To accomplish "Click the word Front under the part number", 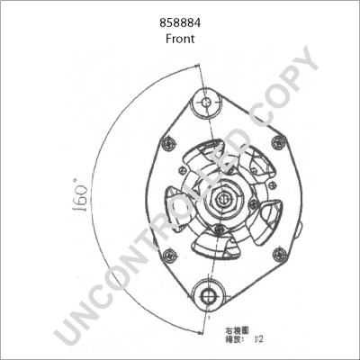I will point(180,39).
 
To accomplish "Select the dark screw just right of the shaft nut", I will point(255,203).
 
